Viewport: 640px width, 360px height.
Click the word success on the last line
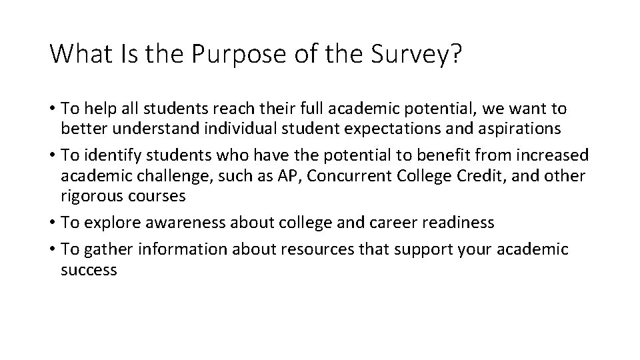point(89,270)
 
